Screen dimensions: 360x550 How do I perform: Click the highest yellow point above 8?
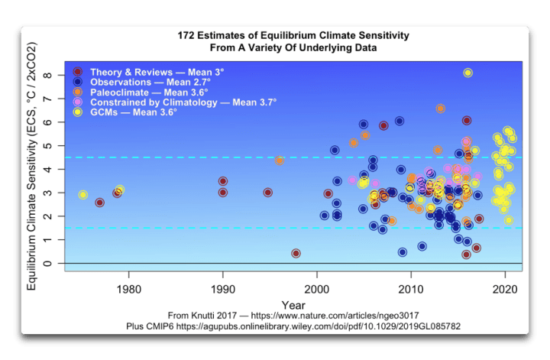(467, 73)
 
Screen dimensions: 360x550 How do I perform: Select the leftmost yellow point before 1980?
(82, 195)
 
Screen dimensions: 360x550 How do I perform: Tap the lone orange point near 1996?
(280, 161)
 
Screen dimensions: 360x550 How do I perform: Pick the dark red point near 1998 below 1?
(296, 253)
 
